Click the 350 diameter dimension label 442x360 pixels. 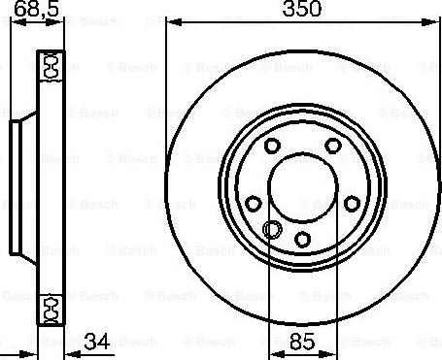click(x=302, y=9)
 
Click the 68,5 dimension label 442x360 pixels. click(x=37, y=8)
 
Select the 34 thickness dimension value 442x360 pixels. click(x=97, y=342)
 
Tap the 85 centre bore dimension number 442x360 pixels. click(x=302, y=342)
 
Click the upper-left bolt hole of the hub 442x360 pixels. click(x=272, y=146)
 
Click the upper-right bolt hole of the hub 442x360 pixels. click(x=333, y=146)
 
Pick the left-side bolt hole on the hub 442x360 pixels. click(x=254, y=204)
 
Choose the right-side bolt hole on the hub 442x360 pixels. click(x=352, y=204)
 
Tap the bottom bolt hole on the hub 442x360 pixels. click(x=302, y=240)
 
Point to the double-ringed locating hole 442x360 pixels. click(x=272, y=229)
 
